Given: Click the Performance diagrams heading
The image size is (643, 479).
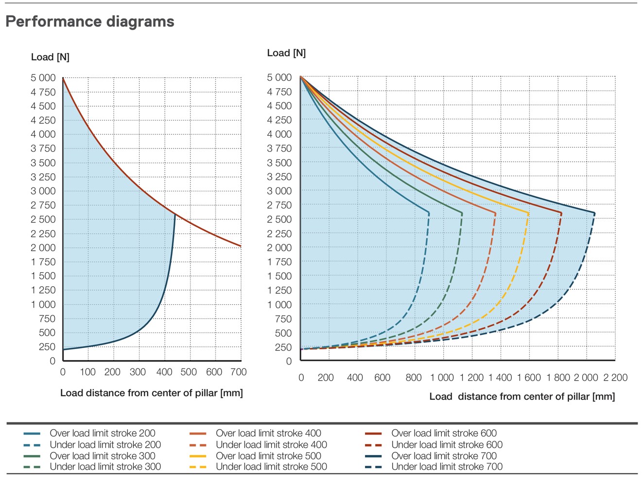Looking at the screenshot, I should click(90, 21).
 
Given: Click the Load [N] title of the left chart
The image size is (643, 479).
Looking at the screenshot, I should click(50, 57).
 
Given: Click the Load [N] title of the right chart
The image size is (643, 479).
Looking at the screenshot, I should click(286, 53).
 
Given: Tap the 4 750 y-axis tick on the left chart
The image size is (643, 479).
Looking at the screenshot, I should click(43, 92).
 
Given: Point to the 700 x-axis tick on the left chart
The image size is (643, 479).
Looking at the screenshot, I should click(239, 372).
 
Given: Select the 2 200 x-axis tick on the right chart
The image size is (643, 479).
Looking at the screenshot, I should click(615, 378).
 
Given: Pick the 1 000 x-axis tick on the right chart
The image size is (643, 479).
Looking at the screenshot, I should click(442, 378).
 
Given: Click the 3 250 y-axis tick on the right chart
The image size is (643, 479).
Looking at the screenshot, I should click(279, 177).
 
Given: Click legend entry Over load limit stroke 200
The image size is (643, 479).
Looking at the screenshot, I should click(102, 433).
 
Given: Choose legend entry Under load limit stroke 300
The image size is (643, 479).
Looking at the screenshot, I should click(105, 467).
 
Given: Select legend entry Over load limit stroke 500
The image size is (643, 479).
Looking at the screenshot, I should click(268, 456).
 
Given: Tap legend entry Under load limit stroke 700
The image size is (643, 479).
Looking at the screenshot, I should click(447, 467).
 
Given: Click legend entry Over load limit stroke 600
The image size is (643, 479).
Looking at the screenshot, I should click(444, 433).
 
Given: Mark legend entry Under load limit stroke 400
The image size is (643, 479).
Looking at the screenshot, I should click(271, 445).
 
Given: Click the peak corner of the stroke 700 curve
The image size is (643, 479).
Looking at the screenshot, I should click(594, 213).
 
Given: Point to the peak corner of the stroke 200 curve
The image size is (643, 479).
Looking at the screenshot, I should click(429, 213).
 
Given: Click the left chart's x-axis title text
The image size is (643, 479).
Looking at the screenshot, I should click(151, 393).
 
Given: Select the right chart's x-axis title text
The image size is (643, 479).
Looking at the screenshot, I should click(522, 397).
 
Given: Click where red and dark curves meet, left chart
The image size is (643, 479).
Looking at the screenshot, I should click(175, 214).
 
